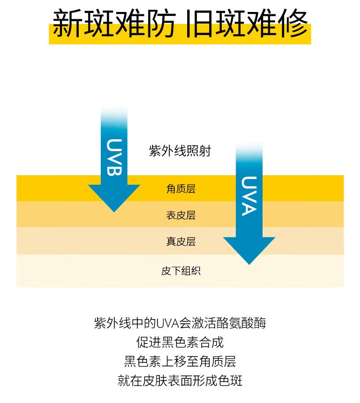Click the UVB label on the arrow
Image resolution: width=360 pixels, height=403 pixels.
click(x=114, y=158)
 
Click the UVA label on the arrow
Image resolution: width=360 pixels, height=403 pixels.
click(x=249, y=196)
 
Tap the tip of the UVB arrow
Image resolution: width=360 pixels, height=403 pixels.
click(x=114, y=211)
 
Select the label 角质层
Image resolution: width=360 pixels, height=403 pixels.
click(x=181, y=189)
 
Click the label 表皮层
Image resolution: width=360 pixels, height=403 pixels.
click(x=181, y=215)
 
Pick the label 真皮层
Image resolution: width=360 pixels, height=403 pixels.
click(x=181, y=242)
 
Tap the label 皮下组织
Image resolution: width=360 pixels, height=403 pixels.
click(x=181, y=271)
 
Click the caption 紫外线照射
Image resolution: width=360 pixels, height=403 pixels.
click(x=180, y=152)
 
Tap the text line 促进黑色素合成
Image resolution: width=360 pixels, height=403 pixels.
click(x=180, y=342)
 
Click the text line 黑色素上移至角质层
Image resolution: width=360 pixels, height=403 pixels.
click(x=180, y=361)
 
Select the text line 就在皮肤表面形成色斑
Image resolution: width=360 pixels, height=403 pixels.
click(x=180, y=381)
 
